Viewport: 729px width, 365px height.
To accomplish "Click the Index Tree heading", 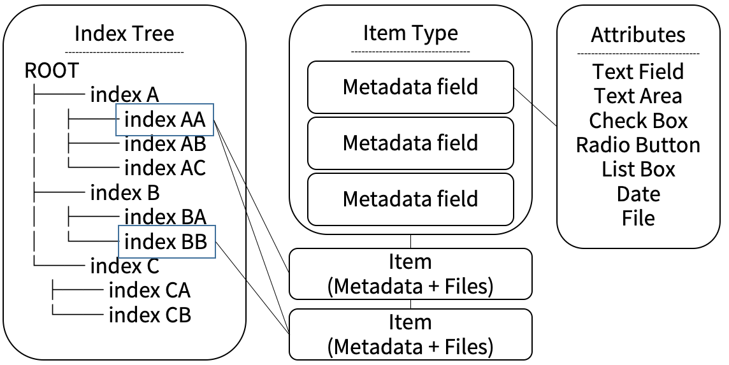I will [x=124, y=33].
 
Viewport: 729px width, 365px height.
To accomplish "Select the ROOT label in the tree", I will [x=52, y=70].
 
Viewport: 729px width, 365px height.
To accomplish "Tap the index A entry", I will [x=124, y=95].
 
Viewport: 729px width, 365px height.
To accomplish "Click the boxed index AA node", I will [x=164, y=119].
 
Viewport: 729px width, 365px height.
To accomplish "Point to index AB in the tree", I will [x=164, y=144].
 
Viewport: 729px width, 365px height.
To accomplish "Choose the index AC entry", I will [x=164, y=168].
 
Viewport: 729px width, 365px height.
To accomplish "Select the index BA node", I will [x=164, y=217].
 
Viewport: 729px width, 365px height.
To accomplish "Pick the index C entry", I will [x=124, y=265].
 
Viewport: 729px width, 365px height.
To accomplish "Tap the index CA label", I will [x=149, y=290].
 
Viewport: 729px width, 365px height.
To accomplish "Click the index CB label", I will [x=149, y=315].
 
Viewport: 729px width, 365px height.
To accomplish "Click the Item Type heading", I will [x=410, y=32].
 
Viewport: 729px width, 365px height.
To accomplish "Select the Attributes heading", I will [x=638, y=34].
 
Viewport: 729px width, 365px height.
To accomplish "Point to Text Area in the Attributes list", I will [x=638, y=96].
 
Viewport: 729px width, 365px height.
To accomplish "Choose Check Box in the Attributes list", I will [x=638, y=120].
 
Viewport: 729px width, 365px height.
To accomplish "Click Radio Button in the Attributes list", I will [x=638, y=145].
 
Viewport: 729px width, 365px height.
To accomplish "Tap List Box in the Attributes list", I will [x=638, y=169].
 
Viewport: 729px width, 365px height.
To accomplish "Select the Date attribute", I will [x=638, y=194].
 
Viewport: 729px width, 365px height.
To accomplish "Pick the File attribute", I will [x=638, y=218].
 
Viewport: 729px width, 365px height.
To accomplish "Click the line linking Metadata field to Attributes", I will [x=535, y=106].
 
